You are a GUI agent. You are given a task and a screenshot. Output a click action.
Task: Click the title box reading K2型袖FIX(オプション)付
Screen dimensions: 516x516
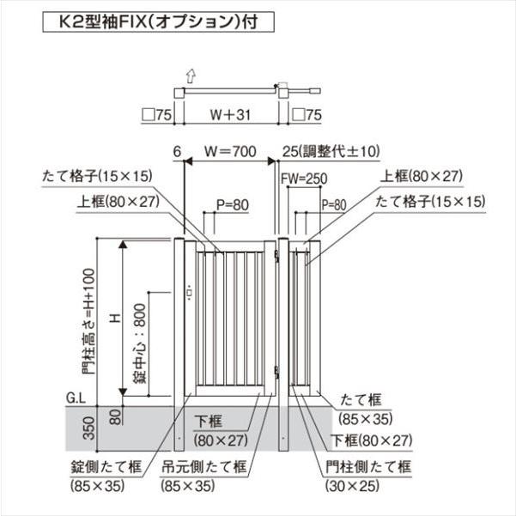pos(158,22)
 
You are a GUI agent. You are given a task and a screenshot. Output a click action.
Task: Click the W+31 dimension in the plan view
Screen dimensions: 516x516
pos(230,115)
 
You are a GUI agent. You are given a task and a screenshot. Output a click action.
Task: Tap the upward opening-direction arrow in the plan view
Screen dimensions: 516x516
pos(191,76)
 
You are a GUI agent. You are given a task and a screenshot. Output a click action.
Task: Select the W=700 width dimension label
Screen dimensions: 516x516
pos(230,151)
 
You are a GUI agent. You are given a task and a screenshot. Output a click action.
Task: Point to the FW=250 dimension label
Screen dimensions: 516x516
pos(304,179)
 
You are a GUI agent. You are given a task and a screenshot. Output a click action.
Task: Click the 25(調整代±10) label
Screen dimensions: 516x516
pos(331,151)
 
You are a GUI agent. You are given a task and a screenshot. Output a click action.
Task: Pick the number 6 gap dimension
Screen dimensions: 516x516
pos(177,152)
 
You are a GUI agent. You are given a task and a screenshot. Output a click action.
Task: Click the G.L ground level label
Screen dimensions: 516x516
pos(76,398)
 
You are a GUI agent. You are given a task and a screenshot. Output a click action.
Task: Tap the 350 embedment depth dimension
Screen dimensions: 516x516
pos(88,428)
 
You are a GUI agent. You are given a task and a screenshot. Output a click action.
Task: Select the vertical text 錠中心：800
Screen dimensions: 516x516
pos(140,343)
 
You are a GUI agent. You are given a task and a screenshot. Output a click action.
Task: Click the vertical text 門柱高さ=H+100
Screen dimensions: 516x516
pos(88,322)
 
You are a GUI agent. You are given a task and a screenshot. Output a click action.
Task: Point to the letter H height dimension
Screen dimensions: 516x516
pos(116,319)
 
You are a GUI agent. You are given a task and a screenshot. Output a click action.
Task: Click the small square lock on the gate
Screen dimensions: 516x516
pos(189,292)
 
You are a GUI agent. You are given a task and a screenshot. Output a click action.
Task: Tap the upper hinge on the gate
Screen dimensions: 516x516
pos(276,256)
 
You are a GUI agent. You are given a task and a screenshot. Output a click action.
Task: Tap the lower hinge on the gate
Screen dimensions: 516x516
pos(276,373)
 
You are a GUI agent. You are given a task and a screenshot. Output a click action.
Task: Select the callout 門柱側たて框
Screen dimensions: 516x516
pos(368,467)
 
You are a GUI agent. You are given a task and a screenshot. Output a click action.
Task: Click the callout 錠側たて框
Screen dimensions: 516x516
pos(106,467)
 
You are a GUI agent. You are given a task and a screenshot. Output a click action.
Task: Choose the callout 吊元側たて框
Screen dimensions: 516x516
pos(204,467)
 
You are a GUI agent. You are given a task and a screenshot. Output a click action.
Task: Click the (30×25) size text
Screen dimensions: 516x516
pos(352,486)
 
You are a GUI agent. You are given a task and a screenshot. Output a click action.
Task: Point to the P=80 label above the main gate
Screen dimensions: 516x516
pos(233,205)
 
